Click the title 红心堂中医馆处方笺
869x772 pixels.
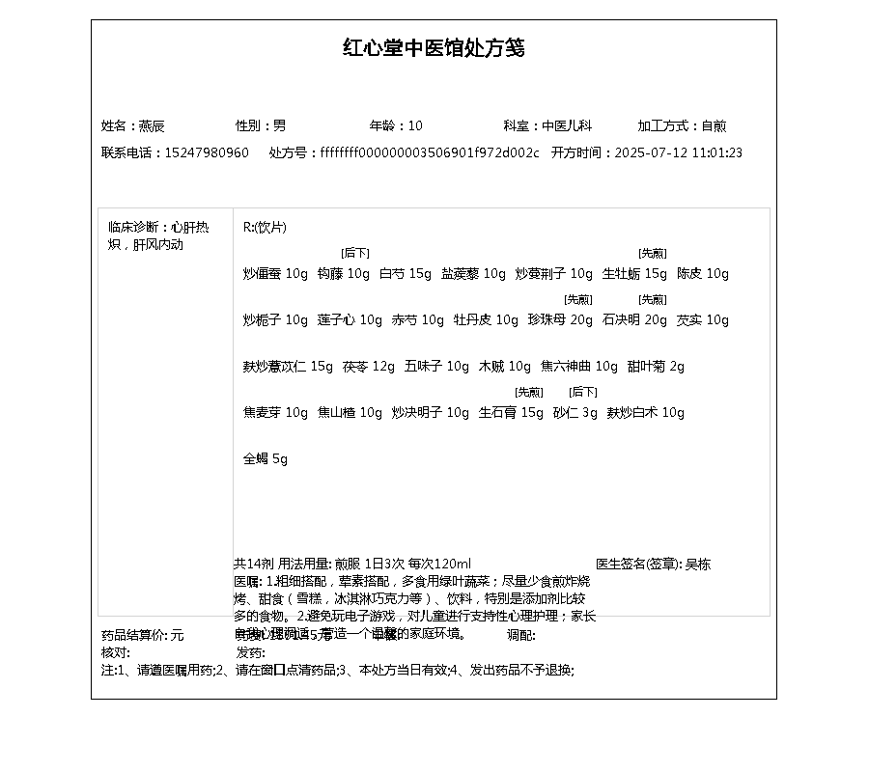(x=434, y=48)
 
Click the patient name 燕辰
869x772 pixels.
(x=152, y=125)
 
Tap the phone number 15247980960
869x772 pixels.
(x=207, y=152)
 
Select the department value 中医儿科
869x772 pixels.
(x=567, y=125)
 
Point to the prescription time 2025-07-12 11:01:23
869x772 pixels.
(x=678, y=152)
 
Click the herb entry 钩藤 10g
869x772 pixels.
(x=344, y=273)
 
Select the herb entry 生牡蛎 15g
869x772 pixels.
(x=634, y=273)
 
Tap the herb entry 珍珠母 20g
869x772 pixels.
(x=560, y=319)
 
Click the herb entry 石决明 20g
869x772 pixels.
(x=634, y=319)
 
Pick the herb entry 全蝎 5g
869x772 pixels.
(x=266, y=458)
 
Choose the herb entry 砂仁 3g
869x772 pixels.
(x=575, y=412)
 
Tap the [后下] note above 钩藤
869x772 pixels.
(x=355, y=253)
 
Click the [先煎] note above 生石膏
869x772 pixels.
(x=529, y=392)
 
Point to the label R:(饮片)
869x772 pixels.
(x=265, y=227)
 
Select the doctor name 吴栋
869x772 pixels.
(x=698, y=564)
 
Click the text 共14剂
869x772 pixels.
(x=254, y=564)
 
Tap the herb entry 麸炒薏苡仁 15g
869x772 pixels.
(x=288, y=366)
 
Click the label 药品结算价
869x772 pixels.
(x=134, y=635)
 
